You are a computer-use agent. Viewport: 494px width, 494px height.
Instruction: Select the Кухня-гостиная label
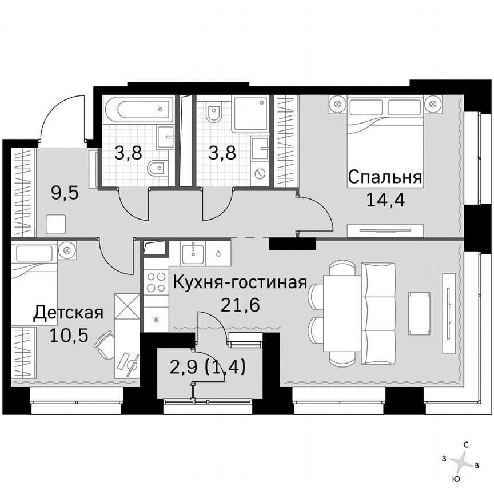[240, 282]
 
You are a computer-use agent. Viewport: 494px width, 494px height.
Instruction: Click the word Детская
[68, 313]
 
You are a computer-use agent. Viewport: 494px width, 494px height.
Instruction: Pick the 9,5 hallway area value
[64, 192]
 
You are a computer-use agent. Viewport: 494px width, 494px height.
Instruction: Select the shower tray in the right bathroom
[250, 113]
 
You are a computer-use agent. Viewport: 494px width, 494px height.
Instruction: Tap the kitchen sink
[195, 252]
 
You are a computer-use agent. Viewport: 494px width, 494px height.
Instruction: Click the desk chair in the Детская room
[106, 345]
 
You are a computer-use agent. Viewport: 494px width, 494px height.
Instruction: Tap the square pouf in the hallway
[56, 224]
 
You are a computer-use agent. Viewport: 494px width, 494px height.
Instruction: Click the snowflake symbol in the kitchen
[155, 320]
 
